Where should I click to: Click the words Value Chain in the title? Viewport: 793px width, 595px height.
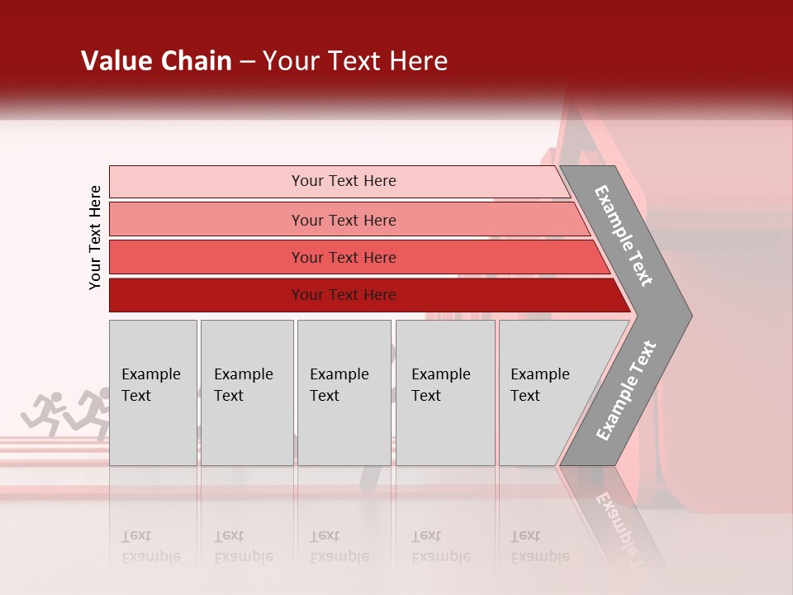[x=156, y=61]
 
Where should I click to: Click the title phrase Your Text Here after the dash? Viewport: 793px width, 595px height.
[x=355, y=61]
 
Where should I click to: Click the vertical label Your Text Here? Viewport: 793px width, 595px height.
[x=95, y=237]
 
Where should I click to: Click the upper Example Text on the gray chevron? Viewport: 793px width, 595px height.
[x=624, y=236]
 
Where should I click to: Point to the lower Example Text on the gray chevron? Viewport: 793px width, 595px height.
[x=626, y=390]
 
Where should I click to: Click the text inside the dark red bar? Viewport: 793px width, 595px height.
[x=344, y=295]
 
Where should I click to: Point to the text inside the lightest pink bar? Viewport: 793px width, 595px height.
[x=344, y=181]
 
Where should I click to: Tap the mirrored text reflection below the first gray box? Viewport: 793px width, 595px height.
[x=150, y=546]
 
